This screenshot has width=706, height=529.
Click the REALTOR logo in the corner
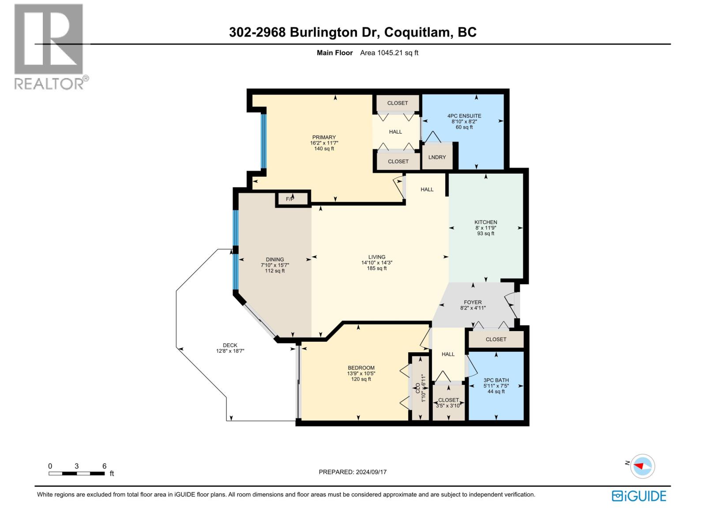[x=49, y=46]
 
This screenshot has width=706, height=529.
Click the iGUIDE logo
[x=639, y=496]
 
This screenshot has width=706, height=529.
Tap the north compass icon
[x=642, y=466]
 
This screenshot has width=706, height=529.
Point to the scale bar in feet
[x=77, y=473]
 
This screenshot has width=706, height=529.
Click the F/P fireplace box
[x=290, y=199]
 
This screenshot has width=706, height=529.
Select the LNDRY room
[x=437, y=157]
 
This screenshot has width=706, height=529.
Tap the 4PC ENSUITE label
[x=464, y=116]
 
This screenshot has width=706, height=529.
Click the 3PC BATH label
[x=496, y=380]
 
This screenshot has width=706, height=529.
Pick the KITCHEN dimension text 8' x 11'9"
[x=486, y=228]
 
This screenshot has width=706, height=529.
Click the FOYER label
[x=473, y=302]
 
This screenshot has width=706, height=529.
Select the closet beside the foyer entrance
[x=496, y=339]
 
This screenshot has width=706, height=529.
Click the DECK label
[x=230, y=345]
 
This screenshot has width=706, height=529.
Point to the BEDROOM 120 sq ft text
[x=361, y=379]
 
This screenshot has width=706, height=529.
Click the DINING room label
[x=275, y=260]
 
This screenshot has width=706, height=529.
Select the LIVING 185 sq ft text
[x=377, y=268]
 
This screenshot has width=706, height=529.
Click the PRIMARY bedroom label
[x=324, y=137]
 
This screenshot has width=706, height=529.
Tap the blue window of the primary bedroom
[x=263, y=141]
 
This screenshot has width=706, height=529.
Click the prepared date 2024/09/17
[x=353, y=472]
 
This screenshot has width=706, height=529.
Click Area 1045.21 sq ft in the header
[x=389, y=53]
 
